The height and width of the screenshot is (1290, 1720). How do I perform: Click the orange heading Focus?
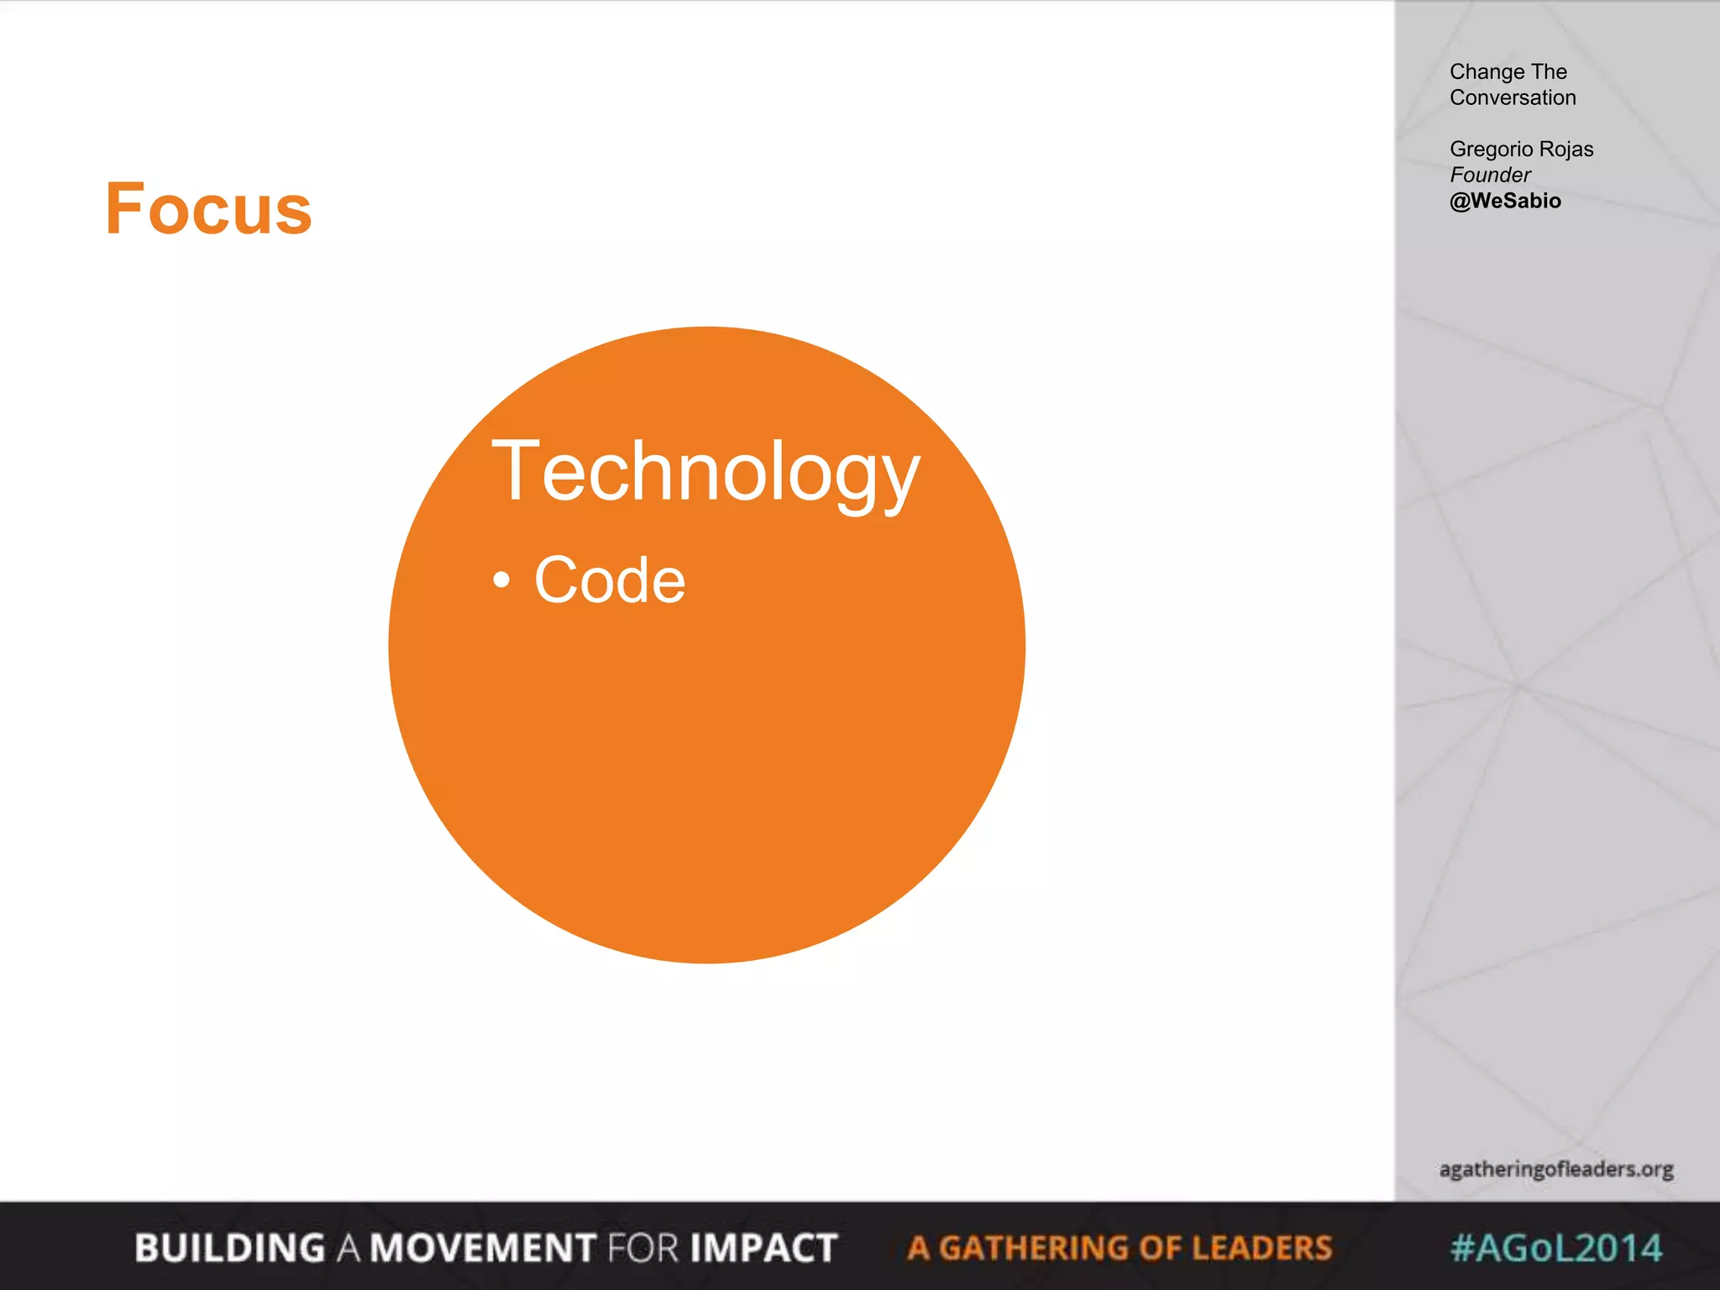208,209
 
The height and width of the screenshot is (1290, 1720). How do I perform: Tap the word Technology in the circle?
705,472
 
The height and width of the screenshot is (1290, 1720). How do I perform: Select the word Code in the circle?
610,579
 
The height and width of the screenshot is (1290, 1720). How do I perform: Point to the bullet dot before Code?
501,579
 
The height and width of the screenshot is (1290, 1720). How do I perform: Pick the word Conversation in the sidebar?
1513,98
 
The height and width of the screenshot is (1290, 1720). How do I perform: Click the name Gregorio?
1491,149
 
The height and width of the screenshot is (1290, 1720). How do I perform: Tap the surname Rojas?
1567,149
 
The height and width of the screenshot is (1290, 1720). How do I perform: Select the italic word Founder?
1490,176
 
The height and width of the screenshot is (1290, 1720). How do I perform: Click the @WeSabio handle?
1505,202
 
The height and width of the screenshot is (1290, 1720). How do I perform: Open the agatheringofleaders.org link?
1555,1169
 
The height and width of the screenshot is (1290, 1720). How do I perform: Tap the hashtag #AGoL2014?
1556,1248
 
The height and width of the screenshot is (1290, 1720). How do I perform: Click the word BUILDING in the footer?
229,1248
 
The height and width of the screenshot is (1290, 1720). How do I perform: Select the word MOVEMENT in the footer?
484,1248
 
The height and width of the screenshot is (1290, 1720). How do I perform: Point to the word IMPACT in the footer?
763,1248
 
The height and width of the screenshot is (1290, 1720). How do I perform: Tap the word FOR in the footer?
643,1248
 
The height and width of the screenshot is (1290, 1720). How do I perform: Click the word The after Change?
1549,72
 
